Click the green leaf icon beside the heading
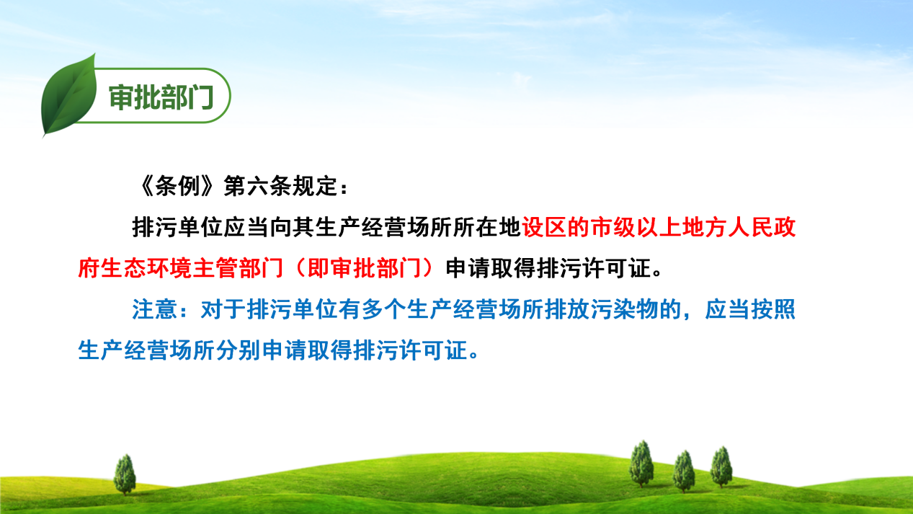point(68,96)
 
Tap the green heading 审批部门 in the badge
point(161,98)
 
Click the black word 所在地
point(486,227)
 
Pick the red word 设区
point(545,227)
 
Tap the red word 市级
point(613,227)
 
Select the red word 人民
point(751,227)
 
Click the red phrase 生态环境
point(146,268)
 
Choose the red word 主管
point(215,268)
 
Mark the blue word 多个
point(384,309)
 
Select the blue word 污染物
point(624,309)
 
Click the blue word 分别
point(238,350)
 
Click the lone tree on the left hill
point(125,474)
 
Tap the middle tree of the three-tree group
point(684,471)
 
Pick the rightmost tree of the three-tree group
point(721,467)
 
